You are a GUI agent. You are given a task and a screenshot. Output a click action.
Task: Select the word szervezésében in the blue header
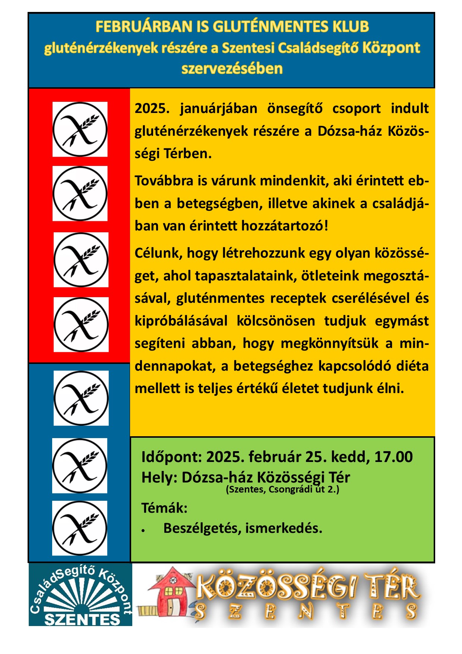[232, 69]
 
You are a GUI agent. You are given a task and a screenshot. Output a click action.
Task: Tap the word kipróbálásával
[181, 321]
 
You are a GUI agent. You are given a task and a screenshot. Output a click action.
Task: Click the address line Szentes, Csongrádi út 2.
[282, 489]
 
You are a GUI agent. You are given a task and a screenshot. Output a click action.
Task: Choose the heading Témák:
[164, 508]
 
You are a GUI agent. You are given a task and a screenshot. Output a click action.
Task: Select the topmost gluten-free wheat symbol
[80, 129]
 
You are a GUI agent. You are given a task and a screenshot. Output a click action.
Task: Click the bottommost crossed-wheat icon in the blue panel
[80, 528]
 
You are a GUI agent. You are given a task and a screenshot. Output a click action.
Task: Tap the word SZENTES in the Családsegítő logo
[82, 619]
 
